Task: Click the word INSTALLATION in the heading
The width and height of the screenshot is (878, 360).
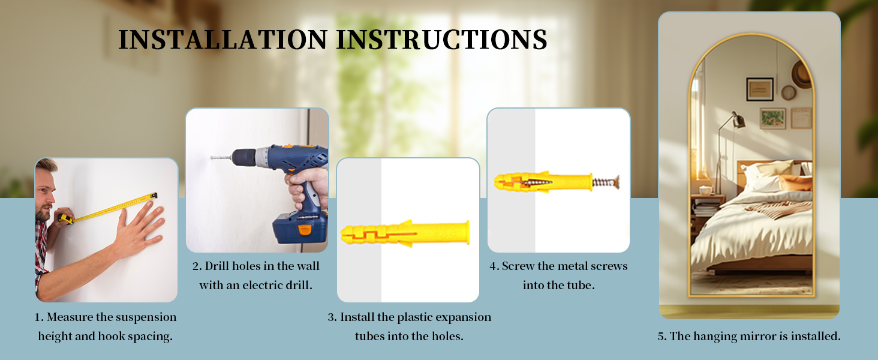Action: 222,40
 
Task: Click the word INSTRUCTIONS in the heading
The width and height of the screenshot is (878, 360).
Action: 441,40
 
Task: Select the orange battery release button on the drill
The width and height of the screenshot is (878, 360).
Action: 305,229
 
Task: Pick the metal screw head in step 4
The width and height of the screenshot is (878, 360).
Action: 617,182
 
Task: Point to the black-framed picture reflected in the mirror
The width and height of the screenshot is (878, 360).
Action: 760,89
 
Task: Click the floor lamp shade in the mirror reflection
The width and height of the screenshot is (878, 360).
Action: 738,120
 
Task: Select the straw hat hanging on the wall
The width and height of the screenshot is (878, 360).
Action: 802,74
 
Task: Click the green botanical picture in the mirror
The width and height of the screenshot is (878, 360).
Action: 772,118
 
